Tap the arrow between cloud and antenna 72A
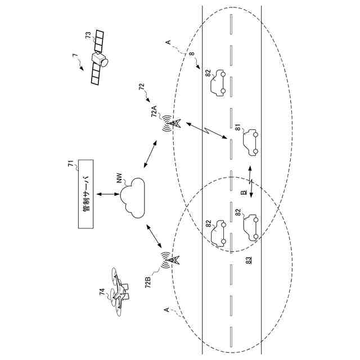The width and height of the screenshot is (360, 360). click(x=150, y=155)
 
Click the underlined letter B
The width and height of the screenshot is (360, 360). click(x=244, y=192)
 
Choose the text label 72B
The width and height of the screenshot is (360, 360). click(x=148, y=281)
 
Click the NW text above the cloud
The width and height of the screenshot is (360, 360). click(x=119, y=179)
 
